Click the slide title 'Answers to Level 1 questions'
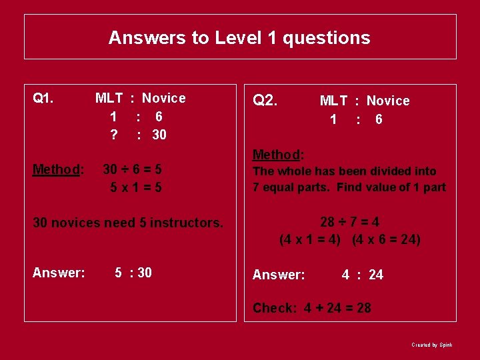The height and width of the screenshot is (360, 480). [x=239, y=37]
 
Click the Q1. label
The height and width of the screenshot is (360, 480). [x=43, y=99]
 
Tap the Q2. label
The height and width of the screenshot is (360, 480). [x=265, y=101]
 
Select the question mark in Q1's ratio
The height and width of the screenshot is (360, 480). [x=114, y=135]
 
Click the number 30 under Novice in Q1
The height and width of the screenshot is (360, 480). [x=159, y=135]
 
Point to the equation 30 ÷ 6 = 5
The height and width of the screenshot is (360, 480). [x=132, y=169]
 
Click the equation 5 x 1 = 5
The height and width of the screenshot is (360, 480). [x=136, y=187]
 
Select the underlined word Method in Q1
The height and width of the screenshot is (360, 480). [x=57, y=169]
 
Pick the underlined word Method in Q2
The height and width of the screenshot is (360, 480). [x=277, y=155]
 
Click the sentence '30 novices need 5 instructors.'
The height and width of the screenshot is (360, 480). [x=128, y=223]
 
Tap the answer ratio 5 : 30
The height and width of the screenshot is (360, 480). [x=133, y=272]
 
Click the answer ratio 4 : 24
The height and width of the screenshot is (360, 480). [x=362, y=275]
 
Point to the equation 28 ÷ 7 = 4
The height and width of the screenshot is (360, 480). [x=349, y=222]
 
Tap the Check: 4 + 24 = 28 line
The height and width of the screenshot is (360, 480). [x=311, y=308]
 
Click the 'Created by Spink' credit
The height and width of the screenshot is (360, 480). [x=431, y=345]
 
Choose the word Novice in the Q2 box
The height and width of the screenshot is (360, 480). [x=388, y=101]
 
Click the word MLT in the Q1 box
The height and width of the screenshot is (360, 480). [x=109, y=98]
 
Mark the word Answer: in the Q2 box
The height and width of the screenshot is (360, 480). [x=279, y=275]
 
